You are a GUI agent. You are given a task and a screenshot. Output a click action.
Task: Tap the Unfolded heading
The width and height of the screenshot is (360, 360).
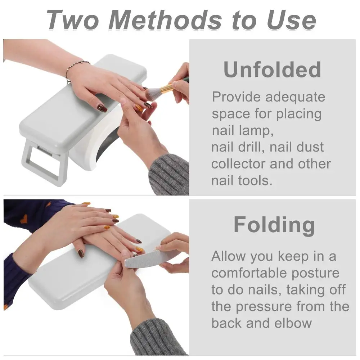(272, 69)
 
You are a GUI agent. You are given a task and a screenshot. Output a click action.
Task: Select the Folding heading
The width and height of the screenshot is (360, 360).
(274, 225)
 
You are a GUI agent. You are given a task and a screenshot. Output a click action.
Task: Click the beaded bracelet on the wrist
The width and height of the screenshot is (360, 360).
(76, 68)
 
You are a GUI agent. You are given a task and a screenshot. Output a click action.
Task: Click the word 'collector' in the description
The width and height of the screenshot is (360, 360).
(237, 163)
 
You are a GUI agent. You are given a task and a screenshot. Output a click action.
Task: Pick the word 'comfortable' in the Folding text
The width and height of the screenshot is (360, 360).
(249, 273)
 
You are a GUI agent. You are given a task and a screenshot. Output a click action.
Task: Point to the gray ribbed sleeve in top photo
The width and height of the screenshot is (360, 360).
(169, 175)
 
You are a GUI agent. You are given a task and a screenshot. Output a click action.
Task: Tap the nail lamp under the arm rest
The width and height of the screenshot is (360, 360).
(97, 144)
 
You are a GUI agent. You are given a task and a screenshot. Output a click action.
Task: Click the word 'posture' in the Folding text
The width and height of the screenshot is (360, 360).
(315, 273)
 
